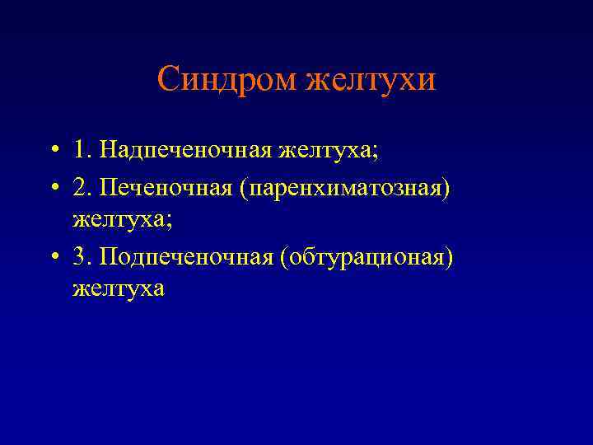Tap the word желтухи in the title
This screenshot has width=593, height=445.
[x=371, y=80]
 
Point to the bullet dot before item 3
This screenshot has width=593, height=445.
[x=52, y=257]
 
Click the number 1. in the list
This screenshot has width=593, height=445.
[x=81, y=151]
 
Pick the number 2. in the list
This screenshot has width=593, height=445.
[x=81, y=189]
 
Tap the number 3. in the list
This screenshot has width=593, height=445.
[x=81, y=255]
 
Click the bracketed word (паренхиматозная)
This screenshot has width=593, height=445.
[x=345, y=190]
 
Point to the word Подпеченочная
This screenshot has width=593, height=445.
[x=185, y=256]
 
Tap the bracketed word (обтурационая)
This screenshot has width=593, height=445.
[x=367, y=256]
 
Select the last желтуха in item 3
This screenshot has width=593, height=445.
[x=119, y=288]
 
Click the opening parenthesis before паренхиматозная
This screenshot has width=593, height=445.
[x=244, y=190]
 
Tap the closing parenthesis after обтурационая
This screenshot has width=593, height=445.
[x=450, y=256]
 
